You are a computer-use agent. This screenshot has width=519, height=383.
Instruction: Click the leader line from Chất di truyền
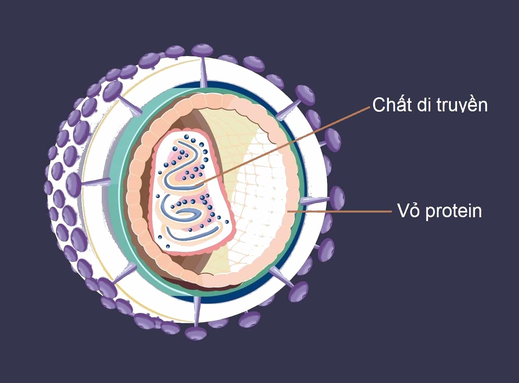coord(282,146)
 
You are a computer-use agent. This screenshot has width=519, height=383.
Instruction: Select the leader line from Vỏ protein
coord(339,211)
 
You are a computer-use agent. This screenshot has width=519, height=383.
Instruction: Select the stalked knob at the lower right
coord(298,291)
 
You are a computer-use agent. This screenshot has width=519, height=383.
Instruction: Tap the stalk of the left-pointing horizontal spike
coord(96,183)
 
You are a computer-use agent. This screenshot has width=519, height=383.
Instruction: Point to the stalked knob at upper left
coord(113,91)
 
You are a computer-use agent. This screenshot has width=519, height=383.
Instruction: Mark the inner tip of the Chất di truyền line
coord(195,186)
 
